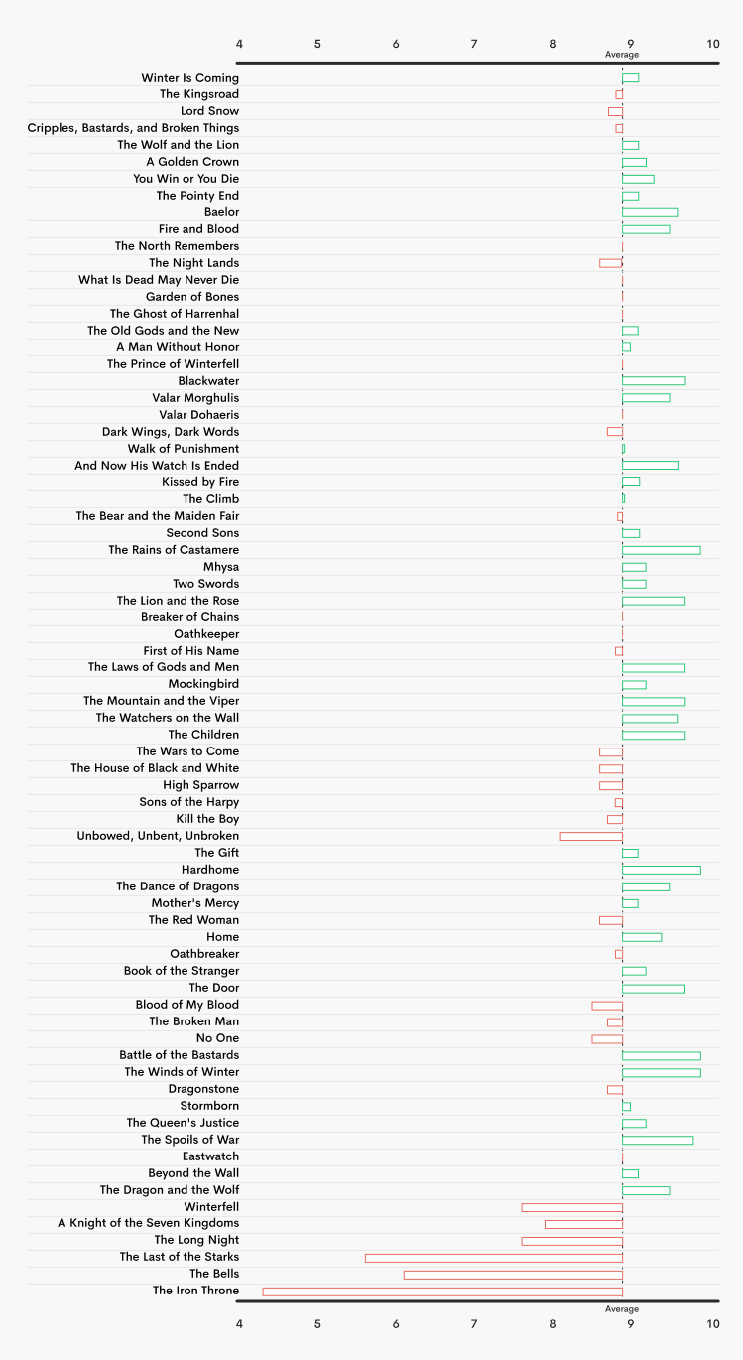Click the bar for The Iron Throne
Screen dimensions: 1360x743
tap(442, 1291)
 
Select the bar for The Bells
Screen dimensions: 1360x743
tap(513, 1274)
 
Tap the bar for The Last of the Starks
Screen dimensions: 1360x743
tap(494, 1257)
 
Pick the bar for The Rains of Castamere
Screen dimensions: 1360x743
tap(661, 550)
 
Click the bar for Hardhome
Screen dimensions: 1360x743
tap(661, 870)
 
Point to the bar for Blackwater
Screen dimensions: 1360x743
tap(654, 381)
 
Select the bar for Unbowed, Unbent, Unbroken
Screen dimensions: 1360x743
tap(591, 836)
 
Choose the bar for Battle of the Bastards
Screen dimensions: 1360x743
tap(661, 1055)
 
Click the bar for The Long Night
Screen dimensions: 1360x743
tap(571, 1240)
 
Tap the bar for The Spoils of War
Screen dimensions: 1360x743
tap(658, 1140)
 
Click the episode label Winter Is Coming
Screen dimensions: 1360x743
tap(189, 78)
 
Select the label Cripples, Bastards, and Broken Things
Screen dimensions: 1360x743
tap(133, 128)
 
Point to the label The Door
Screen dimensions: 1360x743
tap(214, 988)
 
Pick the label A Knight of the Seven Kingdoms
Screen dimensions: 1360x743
tap(149, 1223)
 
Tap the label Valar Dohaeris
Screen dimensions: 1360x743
tap(198, 415)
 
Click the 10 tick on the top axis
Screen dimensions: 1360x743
tap(712, 44)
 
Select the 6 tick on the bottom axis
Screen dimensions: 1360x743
tap(396, 1323)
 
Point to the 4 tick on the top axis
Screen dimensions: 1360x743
tap(239, 44)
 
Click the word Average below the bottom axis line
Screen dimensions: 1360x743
tap(622, 1309)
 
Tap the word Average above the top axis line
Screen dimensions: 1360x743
tap(622, 55)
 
